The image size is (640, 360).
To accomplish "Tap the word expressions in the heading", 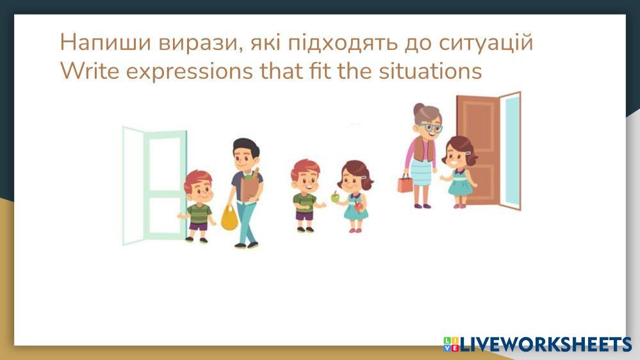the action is point(190,72).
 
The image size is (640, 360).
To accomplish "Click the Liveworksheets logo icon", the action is point(451,344).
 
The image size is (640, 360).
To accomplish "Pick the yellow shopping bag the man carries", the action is point(229,218).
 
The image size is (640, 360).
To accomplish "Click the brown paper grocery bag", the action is point(250,186).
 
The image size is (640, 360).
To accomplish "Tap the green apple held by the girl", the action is point(336,197).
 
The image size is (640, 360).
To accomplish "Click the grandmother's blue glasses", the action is point(432,127).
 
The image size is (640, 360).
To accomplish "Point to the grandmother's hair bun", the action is point(419,109).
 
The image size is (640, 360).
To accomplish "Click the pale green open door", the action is point(154,186).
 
